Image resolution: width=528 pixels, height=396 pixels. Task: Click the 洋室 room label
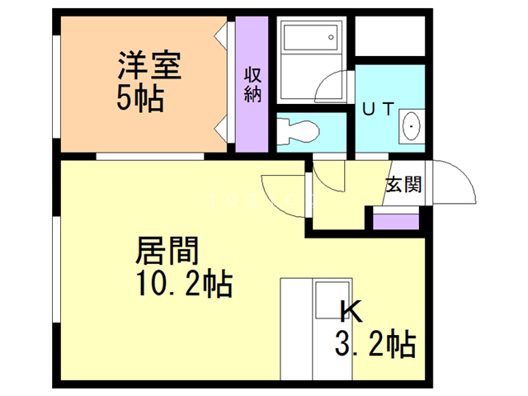(148, 65)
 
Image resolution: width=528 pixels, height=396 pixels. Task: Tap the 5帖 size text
(139, 100)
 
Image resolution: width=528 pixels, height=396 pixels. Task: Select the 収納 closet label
(252, 83)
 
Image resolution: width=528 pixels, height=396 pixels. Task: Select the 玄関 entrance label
(403, 183)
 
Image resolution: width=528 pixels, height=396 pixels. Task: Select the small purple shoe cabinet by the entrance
(396, 220)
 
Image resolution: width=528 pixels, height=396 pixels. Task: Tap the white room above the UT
(389, 37)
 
